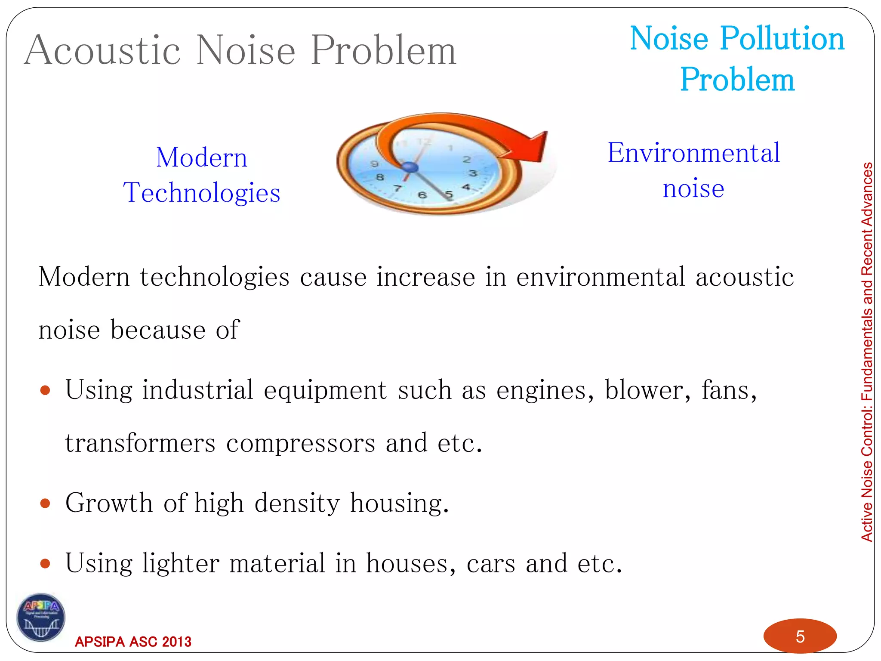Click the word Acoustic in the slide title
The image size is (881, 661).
click(x=102, y=51)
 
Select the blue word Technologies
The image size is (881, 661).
click(x=201, y=192)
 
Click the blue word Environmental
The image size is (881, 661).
click(x=693, y=153)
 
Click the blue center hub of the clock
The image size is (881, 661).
click(x=410, y=167)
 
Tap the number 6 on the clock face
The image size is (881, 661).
click(x=422, y=195)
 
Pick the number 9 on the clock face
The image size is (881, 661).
click(x=375, y=164)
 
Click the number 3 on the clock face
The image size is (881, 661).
click(x=473, y=173)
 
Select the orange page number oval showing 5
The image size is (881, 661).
click(x=800, y=636)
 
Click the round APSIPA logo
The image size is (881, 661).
click(x=41, y=618)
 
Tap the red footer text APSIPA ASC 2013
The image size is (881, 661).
click(x=133, y=642)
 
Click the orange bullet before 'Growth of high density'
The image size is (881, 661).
click(x=45, y=503)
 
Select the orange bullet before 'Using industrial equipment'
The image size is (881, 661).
click(x=45, y=390)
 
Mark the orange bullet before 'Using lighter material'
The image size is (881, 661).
click(x=45, y=563)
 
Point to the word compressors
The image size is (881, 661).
click(x=300, y=444)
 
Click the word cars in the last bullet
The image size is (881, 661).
click(x=490, y=563)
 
